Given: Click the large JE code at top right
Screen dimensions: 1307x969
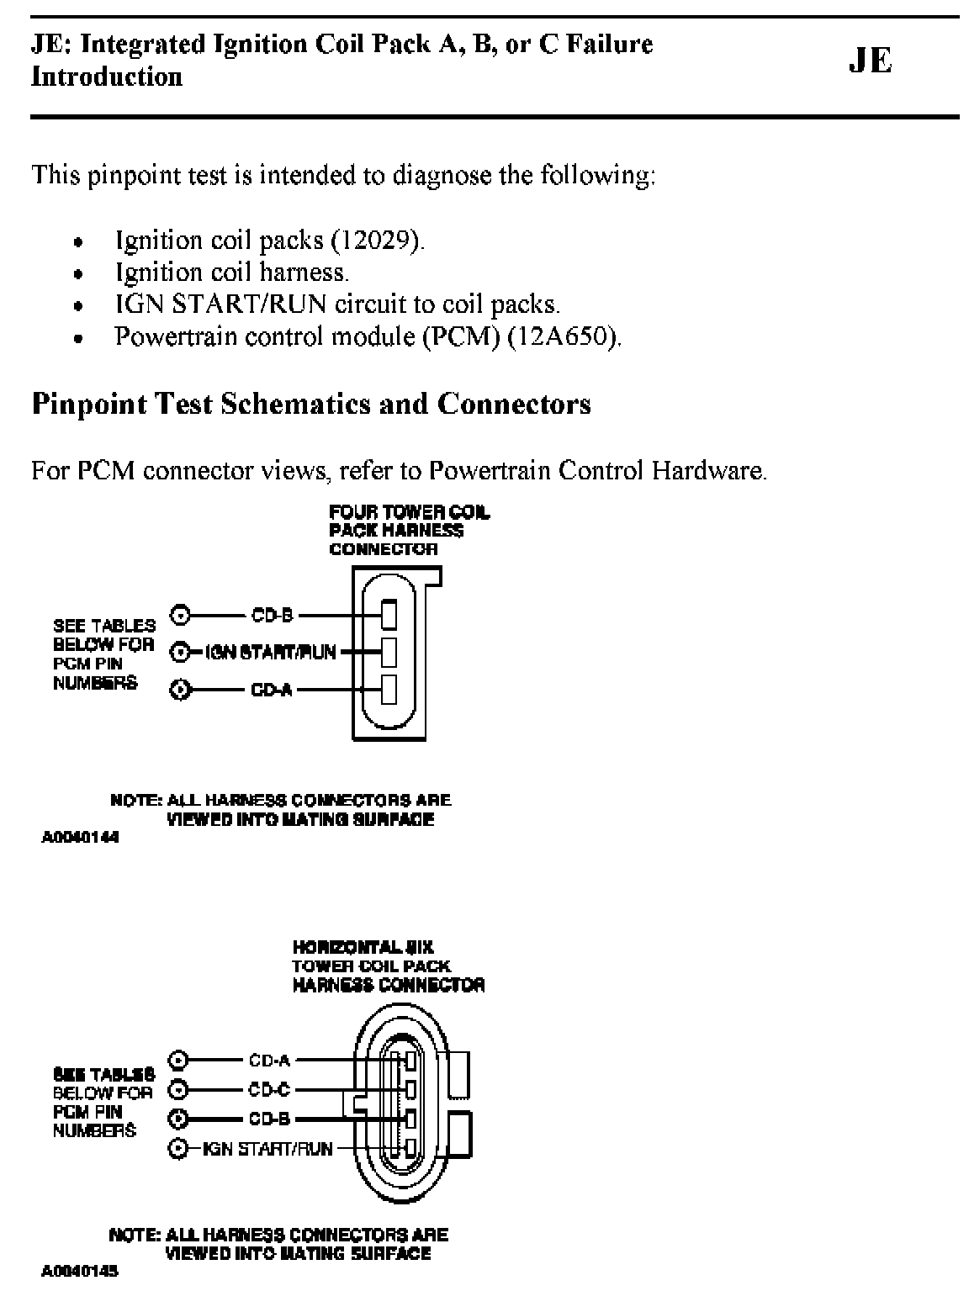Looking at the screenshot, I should click(870, 61).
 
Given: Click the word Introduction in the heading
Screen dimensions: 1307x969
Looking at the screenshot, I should click(107, 77).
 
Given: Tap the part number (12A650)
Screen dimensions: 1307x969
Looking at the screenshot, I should click(564, 337).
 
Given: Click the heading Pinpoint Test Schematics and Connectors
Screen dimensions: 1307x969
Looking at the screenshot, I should click(311, 405).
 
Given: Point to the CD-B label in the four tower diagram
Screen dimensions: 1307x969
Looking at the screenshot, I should click(272, 615).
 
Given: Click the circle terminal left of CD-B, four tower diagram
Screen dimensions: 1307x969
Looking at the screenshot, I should click(179, 615).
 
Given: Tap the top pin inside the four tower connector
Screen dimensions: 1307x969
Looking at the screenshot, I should click(389, 614).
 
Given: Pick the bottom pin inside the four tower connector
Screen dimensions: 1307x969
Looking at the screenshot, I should click(389, 689).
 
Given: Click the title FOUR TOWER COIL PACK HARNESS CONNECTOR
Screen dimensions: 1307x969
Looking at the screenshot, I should click(409, 531).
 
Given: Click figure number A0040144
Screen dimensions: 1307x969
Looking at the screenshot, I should click(80, 839).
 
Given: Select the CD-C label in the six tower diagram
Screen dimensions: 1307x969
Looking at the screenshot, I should click(269, 1090).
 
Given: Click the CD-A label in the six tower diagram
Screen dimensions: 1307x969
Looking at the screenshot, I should click(269, 1061).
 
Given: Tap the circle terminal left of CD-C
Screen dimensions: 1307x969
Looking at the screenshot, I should click(177, 1090).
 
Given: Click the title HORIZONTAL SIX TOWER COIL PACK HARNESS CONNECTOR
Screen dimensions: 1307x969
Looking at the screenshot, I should click(388, 966).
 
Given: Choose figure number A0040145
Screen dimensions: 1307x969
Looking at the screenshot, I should click(80, 1272).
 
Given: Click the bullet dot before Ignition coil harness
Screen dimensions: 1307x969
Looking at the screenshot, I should click(78, 274).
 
